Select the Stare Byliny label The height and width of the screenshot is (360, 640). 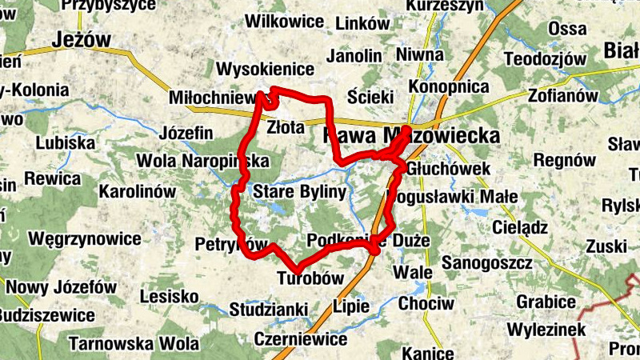pyautogui.click(x=299, y=193)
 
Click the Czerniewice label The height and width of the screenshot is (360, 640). pyautogui.click(x=300, y=338)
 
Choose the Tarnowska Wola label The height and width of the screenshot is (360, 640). pyautogui.click(x=134, y=344)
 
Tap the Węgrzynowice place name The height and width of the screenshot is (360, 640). pyautogui.click(x=85, y=238)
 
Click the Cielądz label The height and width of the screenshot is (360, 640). pyautogui.click(x=520, y=227)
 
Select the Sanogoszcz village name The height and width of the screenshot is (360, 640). pyautogui.click(x=487, y=262)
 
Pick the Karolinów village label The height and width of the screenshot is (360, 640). pyautogui.click(x=137, y=192)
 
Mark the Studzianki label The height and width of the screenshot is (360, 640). pyautogui.click(x=269, y=309)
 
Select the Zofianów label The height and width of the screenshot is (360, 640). pyautogui.click(x=563, y=95)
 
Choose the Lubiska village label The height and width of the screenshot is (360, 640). pyautogui.click(x=66, y=143)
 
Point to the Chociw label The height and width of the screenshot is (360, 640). pyautogui.click(x=426, y=304)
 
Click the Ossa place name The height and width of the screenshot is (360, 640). pyautogui.click(x=568, y=29)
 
